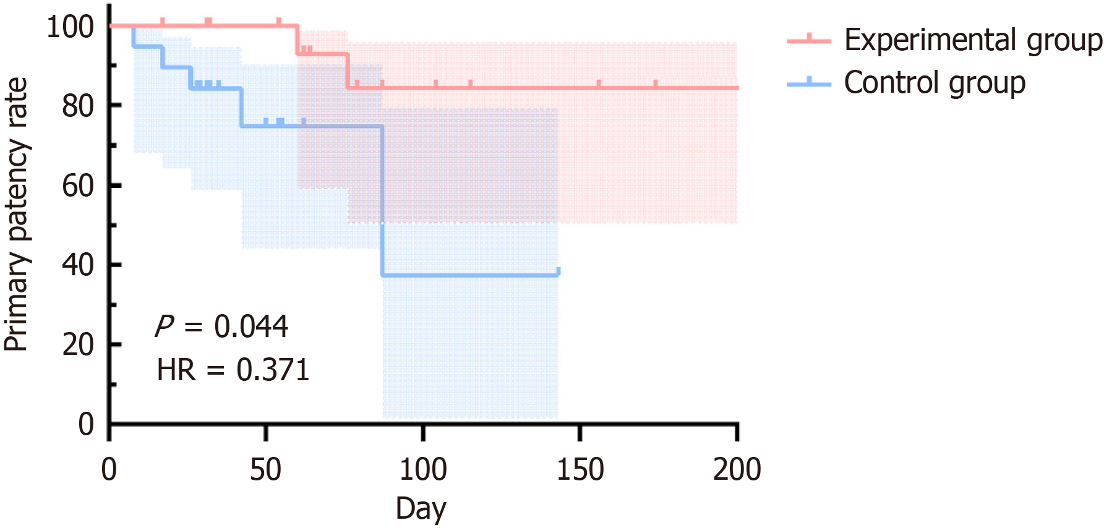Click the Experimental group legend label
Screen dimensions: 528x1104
[x=973, y=41]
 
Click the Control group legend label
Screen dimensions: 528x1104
[x=935, y=83]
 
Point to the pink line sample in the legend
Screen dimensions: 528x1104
[x=809, y=40]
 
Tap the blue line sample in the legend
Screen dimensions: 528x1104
[x=809, y=82]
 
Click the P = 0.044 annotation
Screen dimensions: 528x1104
[x=221, y=326]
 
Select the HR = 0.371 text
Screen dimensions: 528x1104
[x=233, y=370]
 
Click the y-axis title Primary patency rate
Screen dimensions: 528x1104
[x=17, y=215]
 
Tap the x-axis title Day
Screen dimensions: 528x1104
[x=421, y=508]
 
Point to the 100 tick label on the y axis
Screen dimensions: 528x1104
[x=70, y=27]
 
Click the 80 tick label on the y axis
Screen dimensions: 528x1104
[x=77, y=106]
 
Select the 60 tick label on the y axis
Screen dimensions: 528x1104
[x=77, y=185]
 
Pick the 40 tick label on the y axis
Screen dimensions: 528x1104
[x=77, y=265]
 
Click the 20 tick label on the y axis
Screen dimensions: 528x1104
[x=77, y=344]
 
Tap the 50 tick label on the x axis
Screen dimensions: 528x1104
[x=265, y=470]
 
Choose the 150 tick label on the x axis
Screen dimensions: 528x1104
[x=580, y=470]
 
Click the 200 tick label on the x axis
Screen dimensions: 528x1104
[x=737, y=470]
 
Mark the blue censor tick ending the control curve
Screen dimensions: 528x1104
[x=558, y=271]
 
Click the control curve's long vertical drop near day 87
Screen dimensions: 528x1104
[x=382, y=201]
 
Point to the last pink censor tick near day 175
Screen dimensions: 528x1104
[x=655, y=84]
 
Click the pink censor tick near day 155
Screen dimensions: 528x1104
[x=599, y=84]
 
